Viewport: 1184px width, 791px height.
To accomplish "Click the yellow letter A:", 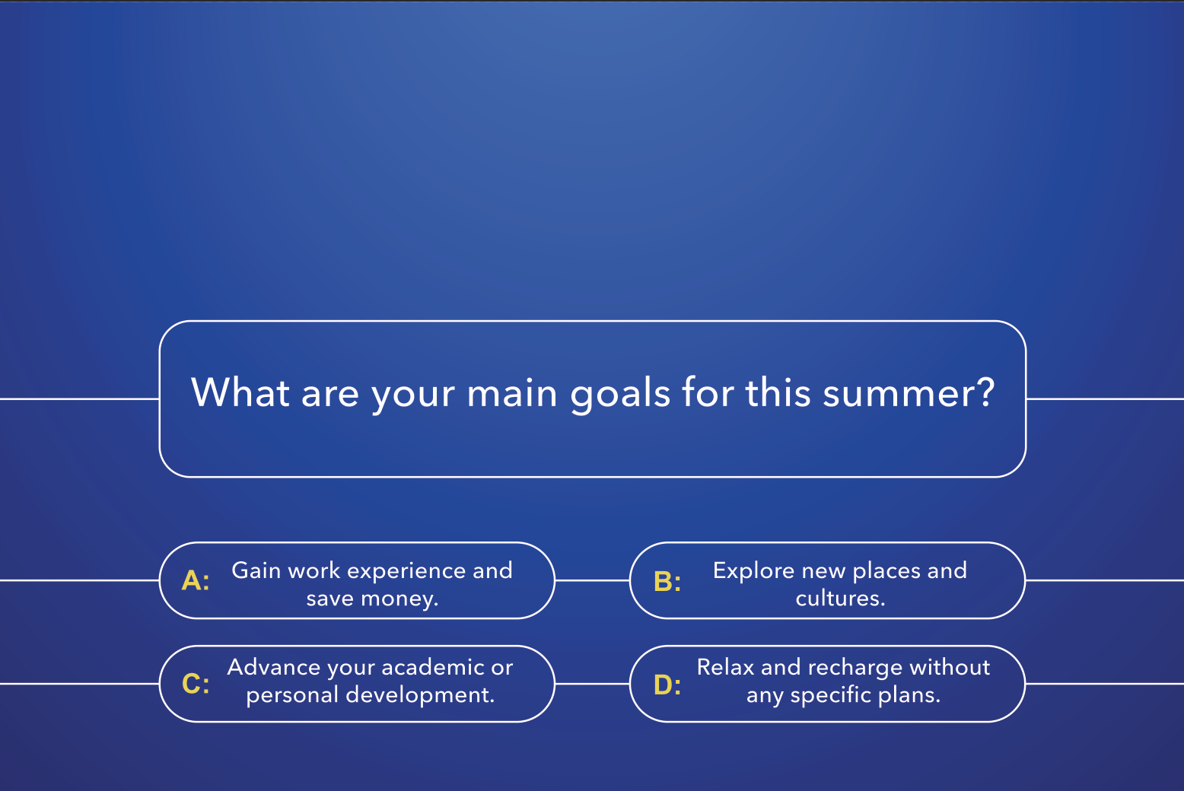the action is (x=196, y=581).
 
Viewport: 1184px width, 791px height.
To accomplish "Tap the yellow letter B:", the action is (x=667, y=581).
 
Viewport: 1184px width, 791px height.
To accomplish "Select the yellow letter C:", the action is (x=196, y=683).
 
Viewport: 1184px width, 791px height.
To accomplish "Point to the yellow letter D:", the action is (x=667, y=685).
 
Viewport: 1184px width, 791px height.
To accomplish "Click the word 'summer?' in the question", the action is (x=909, y=393).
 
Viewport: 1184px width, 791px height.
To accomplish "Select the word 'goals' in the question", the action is (x=620, y=395).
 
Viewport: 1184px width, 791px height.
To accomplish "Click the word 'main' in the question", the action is (x=511, y=393).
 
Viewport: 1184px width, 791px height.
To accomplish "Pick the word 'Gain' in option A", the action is (x=256, y=570).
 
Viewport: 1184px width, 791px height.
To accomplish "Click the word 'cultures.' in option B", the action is (x=840, y=599).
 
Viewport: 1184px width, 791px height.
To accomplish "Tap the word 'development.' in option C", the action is (x=420, y=695).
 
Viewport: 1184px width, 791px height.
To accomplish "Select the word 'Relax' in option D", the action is (x=726, y=667).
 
